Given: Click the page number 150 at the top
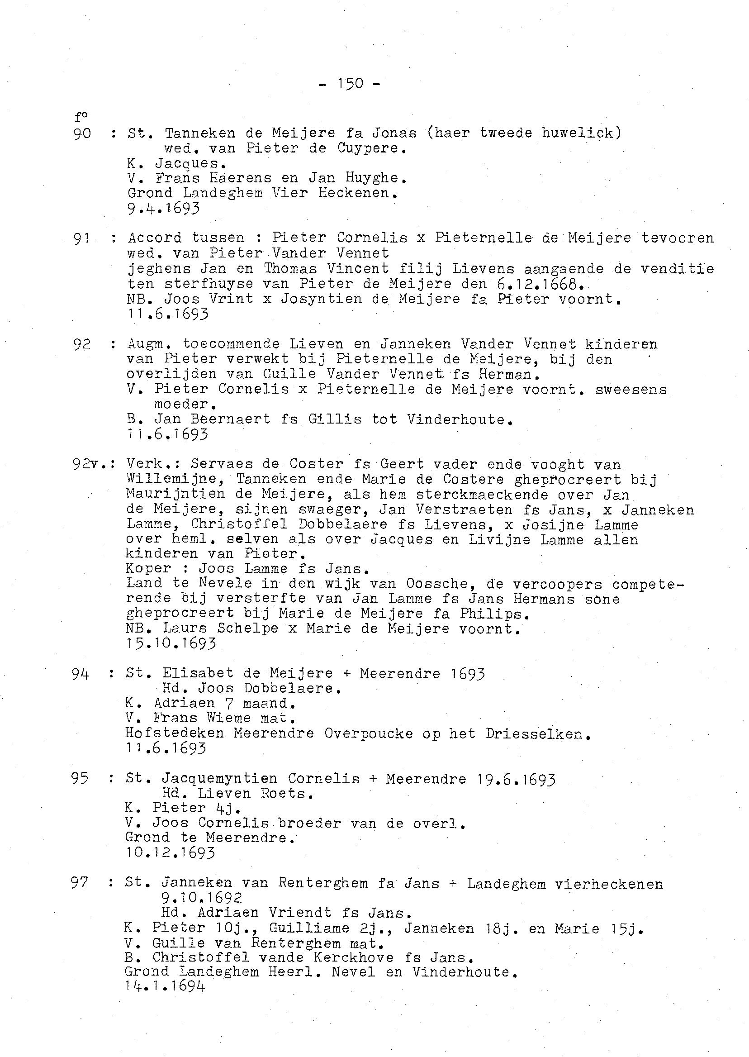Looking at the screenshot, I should (x=350, y=84).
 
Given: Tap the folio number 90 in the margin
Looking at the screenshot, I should (x=83, y=134).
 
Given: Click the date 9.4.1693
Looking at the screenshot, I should (x=163, y=209).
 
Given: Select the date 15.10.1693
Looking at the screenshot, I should (x=171, y=643).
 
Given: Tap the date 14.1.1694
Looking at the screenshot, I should (x=165, y=986).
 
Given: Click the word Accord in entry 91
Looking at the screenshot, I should (x=155, y=238).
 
